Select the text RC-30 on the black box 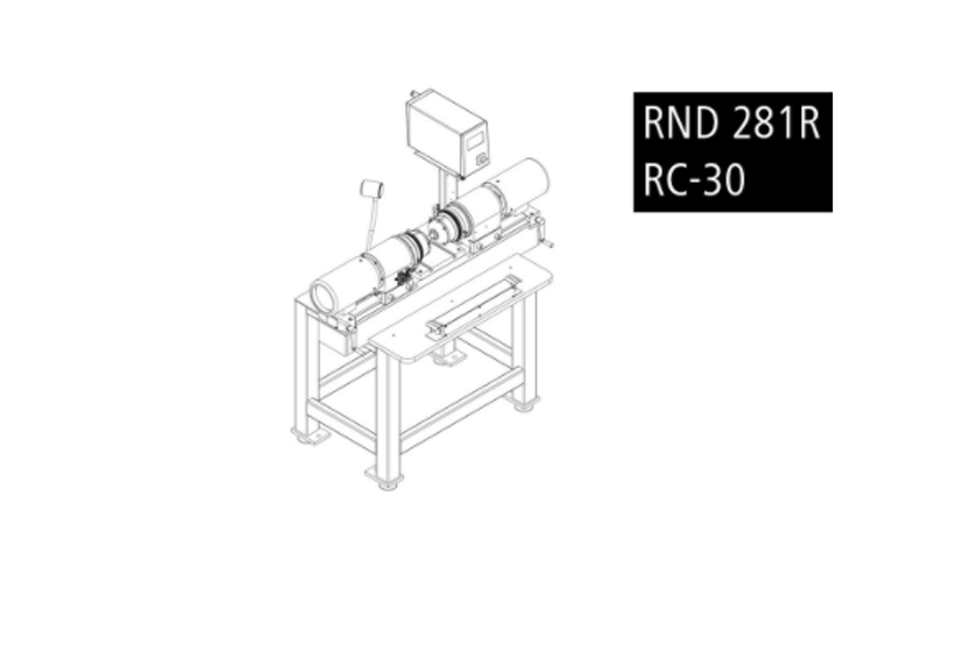pos(694,179)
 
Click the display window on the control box pos(475,141)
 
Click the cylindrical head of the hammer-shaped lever pos(371,189)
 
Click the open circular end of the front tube pos(323,295)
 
